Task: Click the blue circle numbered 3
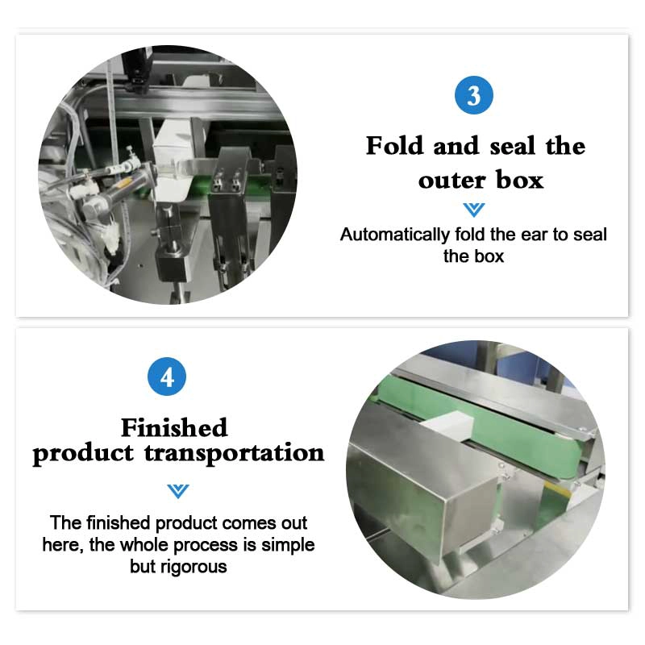coord(473,95)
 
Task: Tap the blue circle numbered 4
coord(167,377)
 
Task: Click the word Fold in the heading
coord(394,146)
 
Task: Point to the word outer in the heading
coord(452,181)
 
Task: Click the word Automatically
coord(395,235)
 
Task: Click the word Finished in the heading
coord(174,427)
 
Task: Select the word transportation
coord(234,453)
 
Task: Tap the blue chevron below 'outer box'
coord(473,210)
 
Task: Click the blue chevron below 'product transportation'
coord(178,491)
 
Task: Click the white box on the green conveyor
coord(447,426)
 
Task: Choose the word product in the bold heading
coord(83,454)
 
